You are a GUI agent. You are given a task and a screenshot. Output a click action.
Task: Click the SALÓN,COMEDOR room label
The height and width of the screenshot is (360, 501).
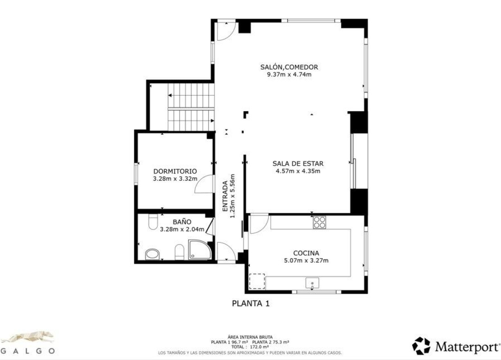click(289, 67)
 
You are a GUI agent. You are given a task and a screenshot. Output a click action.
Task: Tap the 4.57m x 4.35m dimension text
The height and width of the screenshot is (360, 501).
click(298, 171)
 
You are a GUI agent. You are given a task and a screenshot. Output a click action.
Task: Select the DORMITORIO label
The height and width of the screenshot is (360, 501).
click(175, 171)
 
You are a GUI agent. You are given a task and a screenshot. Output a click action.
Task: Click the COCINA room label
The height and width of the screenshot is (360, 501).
click(306, 253)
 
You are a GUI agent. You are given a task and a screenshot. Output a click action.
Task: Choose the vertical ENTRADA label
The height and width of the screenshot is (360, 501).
click(225, 196)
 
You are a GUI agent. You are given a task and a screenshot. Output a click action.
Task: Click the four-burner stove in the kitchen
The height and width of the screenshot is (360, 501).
click(319, 222)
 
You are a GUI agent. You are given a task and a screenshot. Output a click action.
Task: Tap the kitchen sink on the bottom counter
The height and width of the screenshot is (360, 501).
click(312, 283)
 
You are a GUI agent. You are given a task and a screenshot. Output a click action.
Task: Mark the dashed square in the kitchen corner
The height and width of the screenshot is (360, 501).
click(257, 281)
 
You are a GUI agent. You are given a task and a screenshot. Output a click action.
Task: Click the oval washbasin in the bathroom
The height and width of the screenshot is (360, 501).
click(153, 254)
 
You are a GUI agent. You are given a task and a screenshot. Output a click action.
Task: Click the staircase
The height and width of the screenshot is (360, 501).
click(191, 107)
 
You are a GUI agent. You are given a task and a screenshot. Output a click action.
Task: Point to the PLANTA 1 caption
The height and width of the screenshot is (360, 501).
click(251, 304)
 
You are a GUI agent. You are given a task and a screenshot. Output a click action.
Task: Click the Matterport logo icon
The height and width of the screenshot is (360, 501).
click(421, 346)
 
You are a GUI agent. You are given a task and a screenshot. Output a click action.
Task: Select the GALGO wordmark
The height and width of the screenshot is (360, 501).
click(28, 351)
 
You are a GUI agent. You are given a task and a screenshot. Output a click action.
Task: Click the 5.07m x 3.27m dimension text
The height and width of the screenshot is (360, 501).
click(306, 261)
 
